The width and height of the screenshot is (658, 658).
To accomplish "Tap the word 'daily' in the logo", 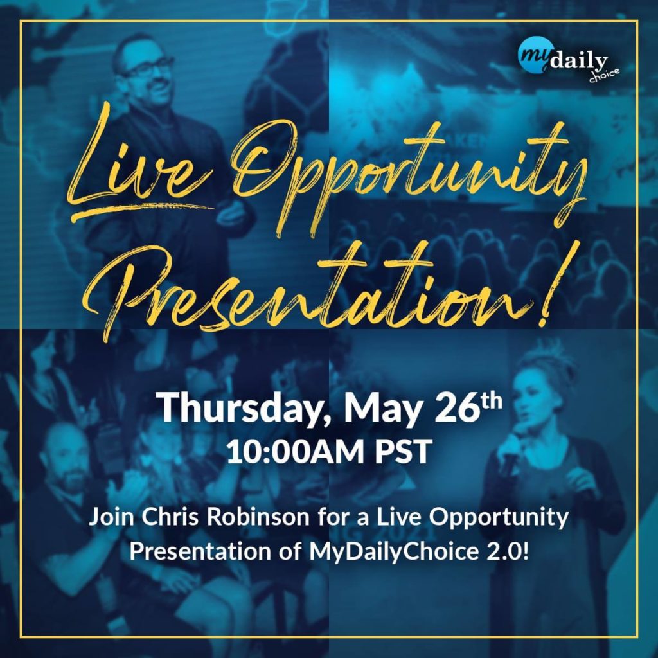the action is tap(579, 62).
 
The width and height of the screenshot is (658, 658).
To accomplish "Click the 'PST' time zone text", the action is tap(404, 452).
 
